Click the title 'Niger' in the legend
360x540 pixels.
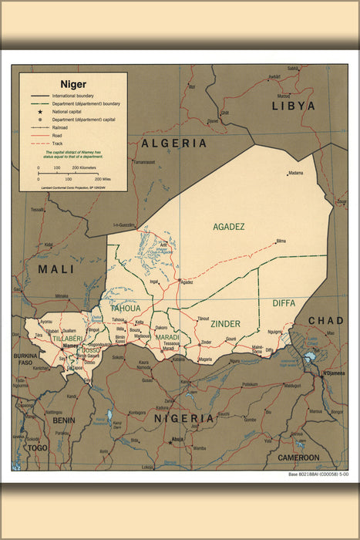pos(74,84)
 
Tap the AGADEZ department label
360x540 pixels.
pos(229,227)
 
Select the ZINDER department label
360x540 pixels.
pos(225,324)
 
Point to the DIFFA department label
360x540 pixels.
pos(284,303)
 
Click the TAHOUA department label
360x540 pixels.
pos(125,309)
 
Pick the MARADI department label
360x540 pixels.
pos(167,337)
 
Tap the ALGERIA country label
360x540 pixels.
pos(173,143)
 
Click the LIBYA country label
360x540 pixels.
pos(293,106)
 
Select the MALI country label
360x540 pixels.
pos(56,269)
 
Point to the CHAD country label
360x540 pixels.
pos(326,320)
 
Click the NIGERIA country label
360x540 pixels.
pos(183,418)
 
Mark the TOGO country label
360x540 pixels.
pos(36,447)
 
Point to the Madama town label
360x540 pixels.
pos(295,173)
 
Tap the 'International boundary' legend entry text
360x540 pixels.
pos(72,96)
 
